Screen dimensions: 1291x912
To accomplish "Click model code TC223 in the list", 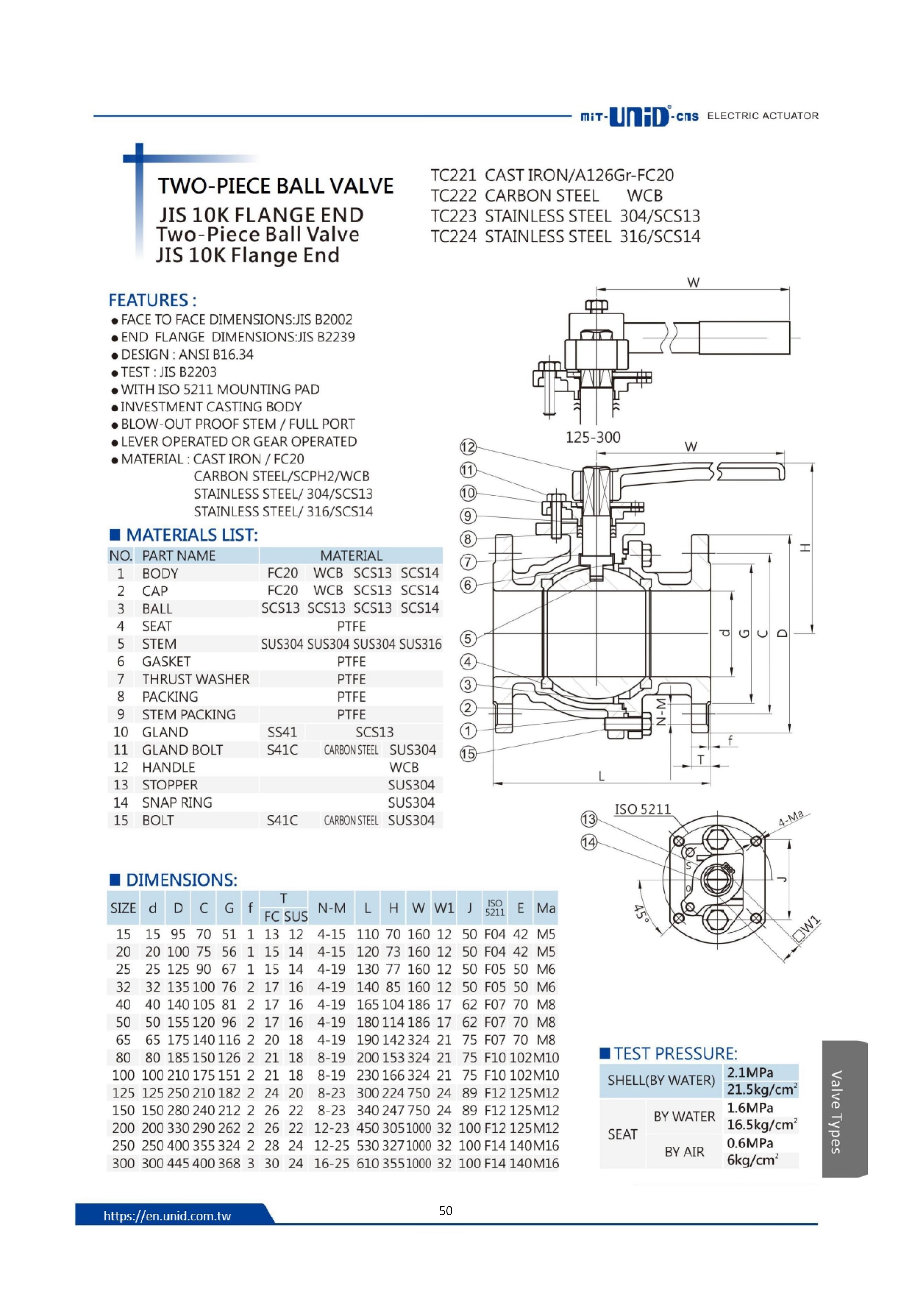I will click(453, 216).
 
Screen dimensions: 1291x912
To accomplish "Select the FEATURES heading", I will click(152, 300).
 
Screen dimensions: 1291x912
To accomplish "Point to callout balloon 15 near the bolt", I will click(468, 754).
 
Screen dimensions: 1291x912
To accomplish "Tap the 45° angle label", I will click(641, 912).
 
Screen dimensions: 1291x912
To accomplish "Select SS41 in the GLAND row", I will click(282, 732).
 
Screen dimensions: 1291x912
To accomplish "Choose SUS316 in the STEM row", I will click(420, 644).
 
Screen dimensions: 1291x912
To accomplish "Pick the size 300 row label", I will click(123, 1163).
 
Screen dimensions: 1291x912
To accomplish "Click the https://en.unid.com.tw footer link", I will click(167, 1216).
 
